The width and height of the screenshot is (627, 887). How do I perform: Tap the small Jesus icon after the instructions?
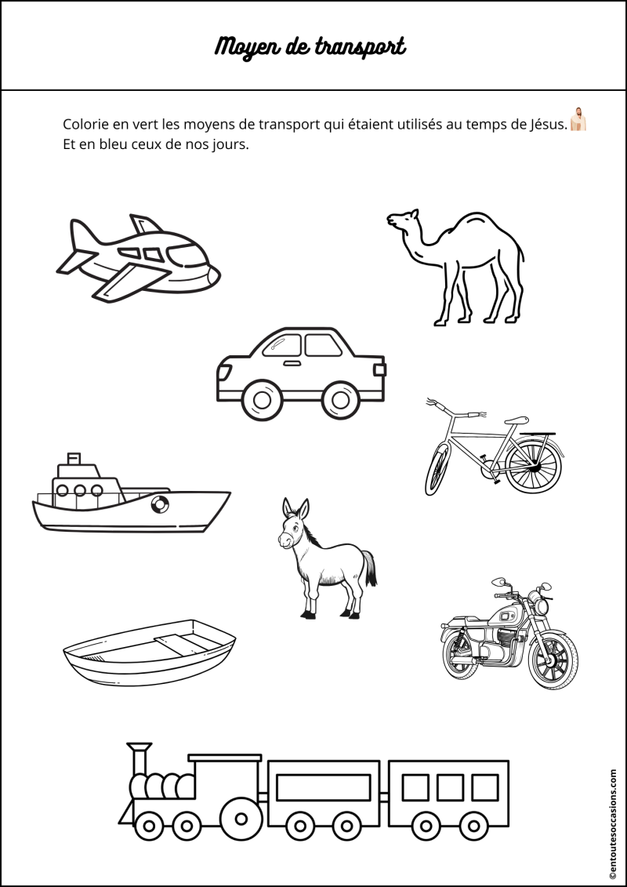tap(578, 119)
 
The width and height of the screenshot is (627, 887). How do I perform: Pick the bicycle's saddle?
tap(516, 420)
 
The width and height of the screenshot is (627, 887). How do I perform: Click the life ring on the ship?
tap(159, 503)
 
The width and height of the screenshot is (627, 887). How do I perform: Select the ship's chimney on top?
tap(74, 459)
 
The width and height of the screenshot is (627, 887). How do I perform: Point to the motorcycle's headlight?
tap(542, 607)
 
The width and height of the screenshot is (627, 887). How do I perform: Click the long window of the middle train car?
tap(324, 787)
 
